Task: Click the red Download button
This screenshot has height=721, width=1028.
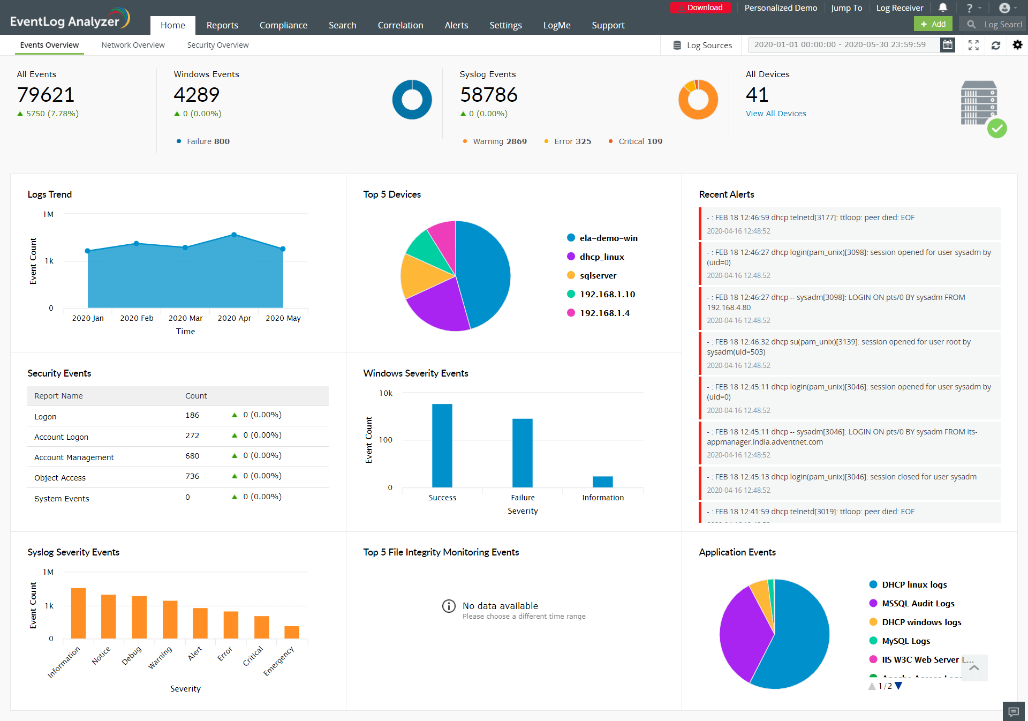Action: (x=700, y=8)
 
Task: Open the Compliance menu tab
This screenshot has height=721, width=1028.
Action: (x=283, y=25)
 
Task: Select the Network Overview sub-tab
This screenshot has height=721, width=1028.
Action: (x=133, y=45)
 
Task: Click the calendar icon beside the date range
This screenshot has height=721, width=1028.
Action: (x=948, y=45)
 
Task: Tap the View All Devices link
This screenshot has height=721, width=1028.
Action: (x=775, y=114)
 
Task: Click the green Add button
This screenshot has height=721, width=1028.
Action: (x=933, y=24)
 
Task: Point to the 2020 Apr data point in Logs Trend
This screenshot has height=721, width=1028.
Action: (x=234, y=235)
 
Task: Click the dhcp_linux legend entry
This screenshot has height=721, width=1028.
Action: (x=601, y=257)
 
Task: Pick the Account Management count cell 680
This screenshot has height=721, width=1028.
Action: (x=192, y=456)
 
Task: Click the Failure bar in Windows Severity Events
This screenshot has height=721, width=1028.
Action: (x=522, y=453)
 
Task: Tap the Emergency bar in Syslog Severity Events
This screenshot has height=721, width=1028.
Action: (x=292, y=632)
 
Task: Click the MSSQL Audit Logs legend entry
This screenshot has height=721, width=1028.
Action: (x=918, y=604)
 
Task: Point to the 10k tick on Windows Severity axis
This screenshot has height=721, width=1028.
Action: (x=385, y=393)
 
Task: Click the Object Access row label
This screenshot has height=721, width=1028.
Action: (x=60, y=478)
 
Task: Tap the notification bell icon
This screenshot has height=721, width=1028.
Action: (x=943, y=7)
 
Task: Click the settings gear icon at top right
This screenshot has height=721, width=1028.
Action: (x=1017, y=45)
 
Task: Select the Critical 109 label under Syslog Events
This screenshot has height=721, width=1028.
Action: (x=640, y=141)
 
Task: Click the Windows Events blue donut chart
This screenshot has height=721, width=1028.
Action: (x=412, y=100)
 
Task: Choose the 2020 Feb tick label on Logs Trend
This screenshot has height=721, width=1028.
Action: (x=137, y=318)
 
